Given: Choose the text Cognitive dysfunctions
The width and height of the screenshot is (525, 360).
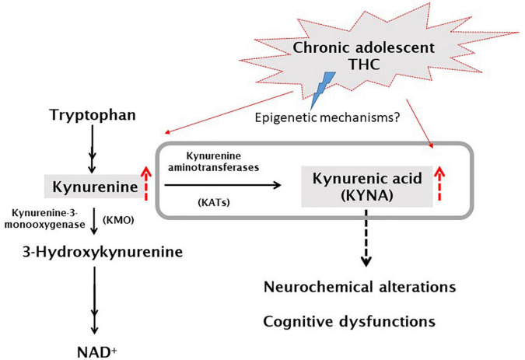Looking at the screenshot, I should [x=348, y=320].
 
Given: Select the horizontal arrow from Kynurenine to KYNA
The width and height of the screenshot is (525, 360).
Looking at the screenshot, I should [x=222, y=186].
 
